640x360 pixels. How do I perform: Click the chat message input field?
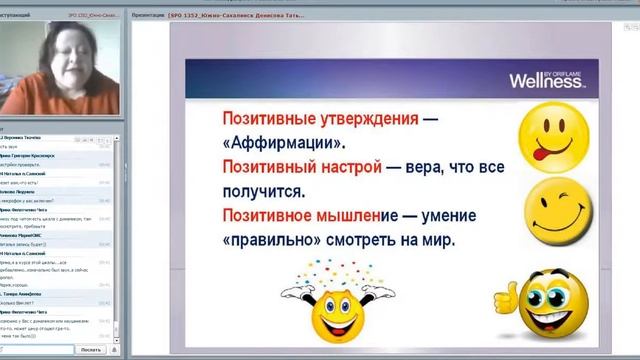pyautogui.click(x=34, y=349)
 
